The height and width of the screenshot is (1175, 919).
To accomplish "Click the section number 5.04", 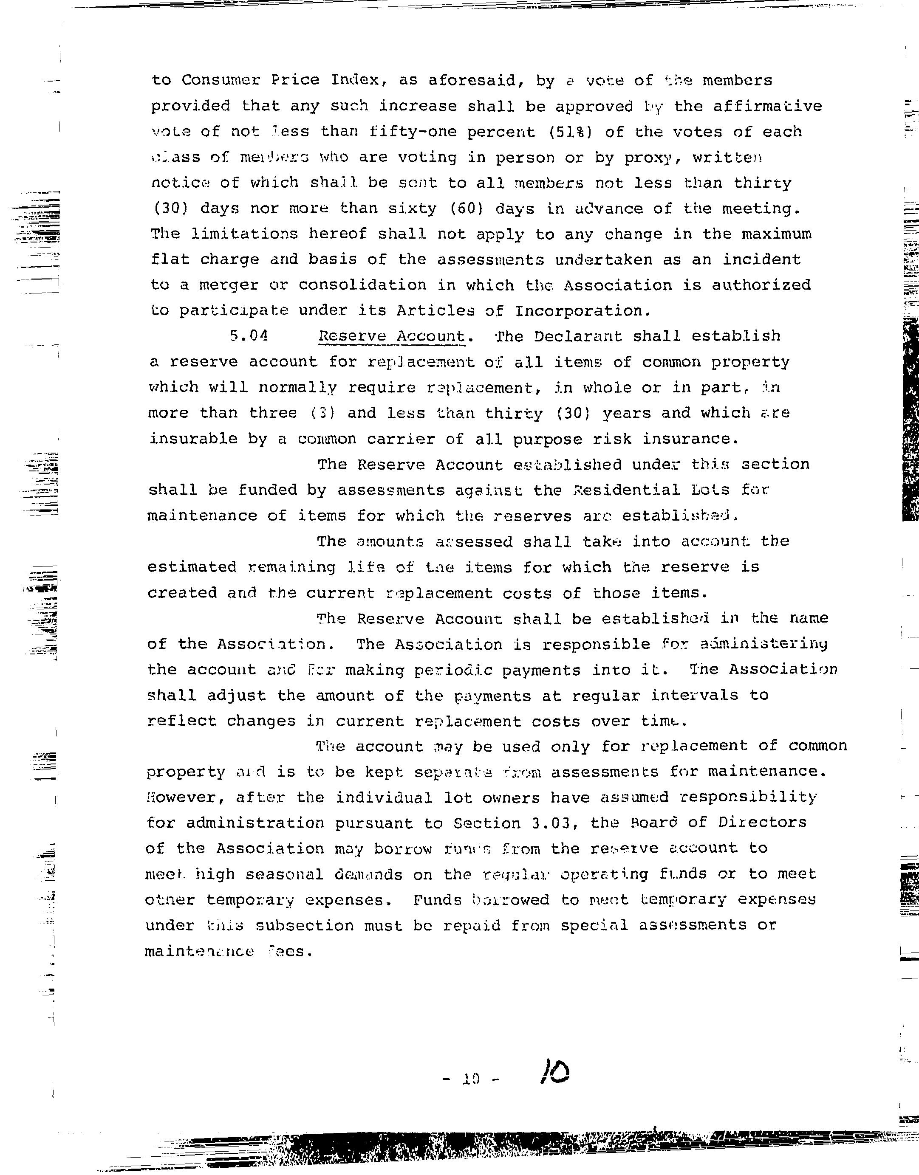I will click(248, 336).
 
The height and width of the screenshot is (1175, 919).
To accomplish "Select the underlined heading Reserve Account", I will click(391, 336).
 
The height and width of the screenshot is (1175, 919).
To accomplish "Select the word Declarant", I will click(578, 336).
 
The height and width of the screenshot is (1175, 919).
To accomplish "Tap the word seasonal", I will click(284, 874).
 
